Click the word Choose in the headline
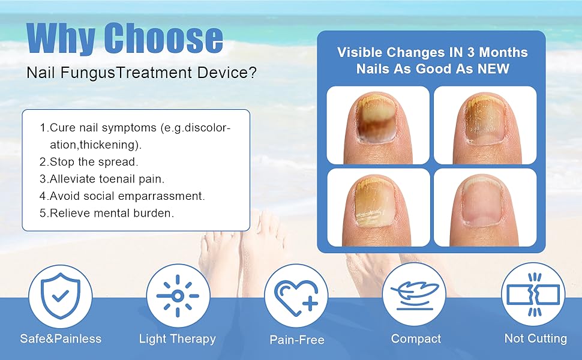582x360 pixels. (x=163, y=38)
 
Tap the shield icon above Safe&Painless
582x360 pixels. (x=60, y=296)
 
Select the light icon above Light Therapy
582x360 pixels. (x=178, y=296)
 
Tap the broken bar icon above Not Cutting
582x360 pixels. (x=533, y=295)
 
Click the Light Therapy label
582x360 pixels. (x=178, y=338)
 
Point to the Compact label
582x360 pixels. (x=416, y=338)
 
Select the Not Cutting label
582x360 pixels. (x=536, y=338)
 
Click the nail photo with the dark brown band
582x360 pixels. (x=378, y=125)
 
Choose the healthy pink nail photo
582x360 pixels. (x=485, y=208)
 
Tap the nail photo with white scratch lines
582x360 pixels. (x=378, y=208)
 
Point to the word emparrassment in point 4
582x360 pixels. (x=163, y=196)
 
